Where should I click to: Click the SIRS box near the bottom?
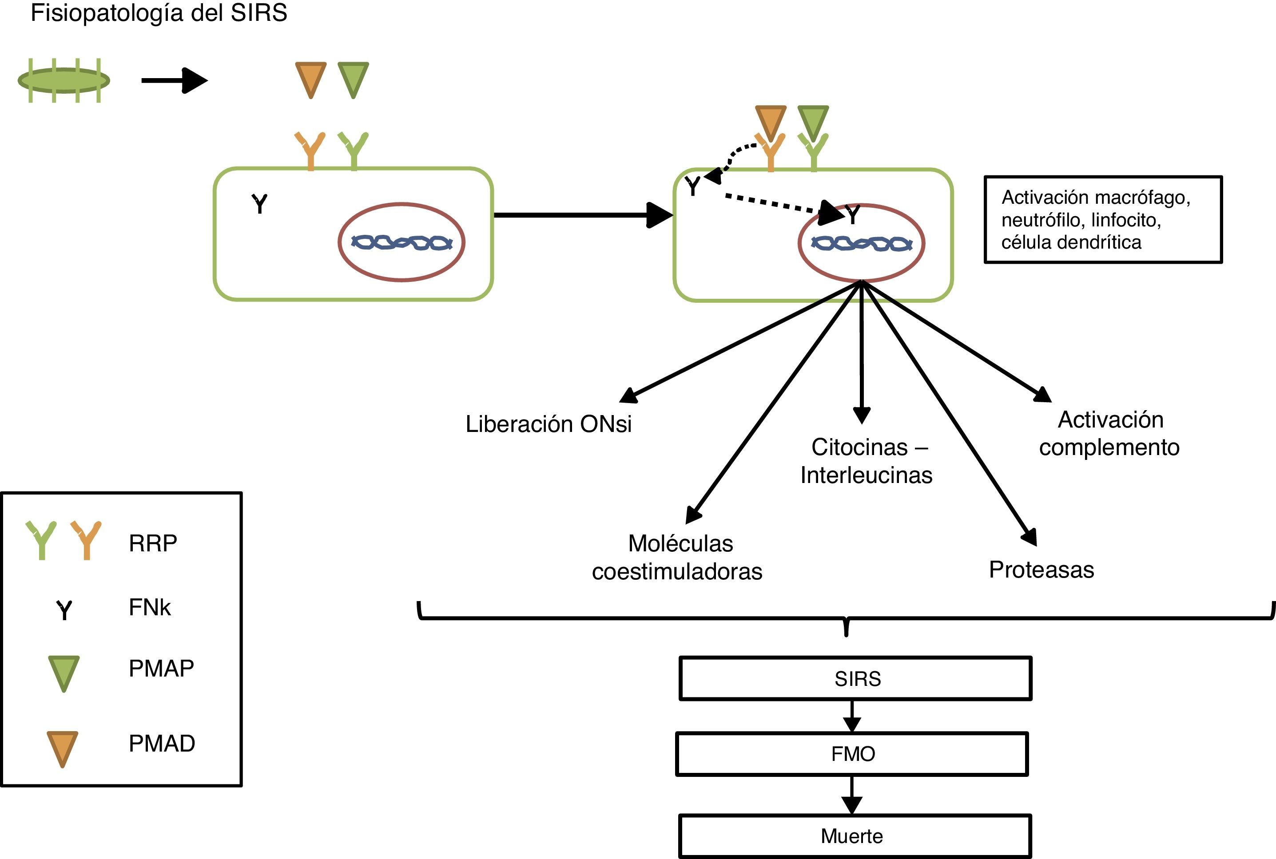coord(855,678)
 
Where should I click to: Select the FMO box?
coord(852,754)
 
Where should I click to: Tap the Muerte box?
coord(854,836)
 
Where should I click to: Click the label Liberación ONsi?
coord(548,424)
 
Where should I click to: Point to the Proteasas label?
coord(1041,570)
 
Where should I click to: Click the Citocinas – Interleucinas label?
coord(866,461)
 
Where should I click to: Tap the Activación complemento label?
coord(1109,434)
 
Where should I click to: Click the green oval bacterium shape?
coord(64,80)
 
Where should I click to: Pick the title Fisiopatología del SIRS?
coord(159,13)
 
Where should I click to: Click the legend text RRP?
coord(153,543)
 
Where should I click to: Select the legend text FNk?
coord(150,607)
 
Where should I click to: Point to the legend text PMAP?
coord(161,669)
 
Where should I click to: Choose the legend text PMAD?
coord(162,744)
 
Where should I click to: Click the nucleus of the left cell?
coord(401,242)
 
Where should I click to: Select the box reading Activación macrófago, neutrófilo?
coord(1103,220)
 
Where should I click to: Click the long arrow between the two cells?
coord(581,215)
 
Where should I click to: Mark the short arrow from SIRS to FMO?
coord(851,716)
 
